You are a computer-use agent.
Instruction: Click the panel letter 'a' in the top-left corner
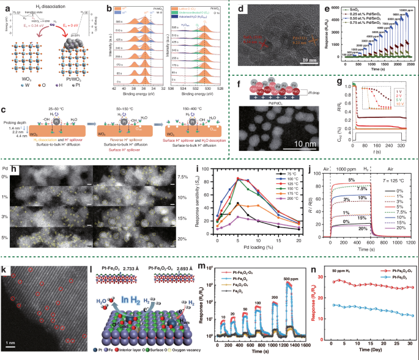(x=6, y=7)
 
